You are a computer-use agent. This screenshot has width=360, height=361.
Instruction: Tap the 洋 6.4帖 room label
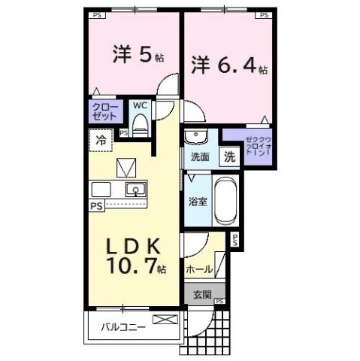coord(225,67)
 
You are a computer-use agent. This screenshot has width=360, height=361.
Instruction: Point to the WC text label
coord(140,106)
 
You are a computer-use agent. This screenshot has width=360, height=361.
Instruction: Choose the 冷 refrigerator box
coord(98,140)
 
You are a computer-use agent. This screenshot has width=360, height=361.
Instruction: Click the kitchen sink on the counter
coord(135,188)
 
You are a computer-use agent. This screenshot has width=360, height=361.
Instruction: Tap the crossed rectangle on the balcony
coord(163,320)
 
